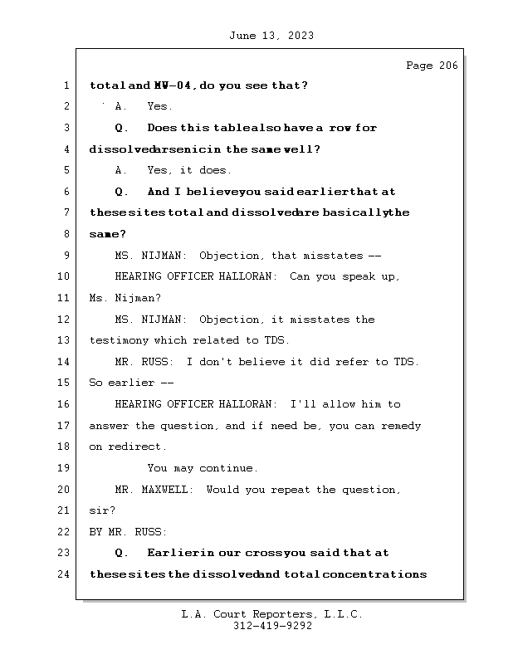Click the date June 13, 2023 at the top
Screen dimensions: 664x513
click(x=270, y=36)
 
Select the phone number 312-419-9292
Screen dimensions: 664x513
click(x=272, y=627)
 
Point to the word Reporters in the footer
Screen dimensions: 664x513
click(x=276, y=614)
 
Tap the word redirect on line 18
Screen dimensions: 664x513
click(x=135, y=447)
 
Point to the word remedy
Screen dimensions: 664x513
click(x=402, y=426)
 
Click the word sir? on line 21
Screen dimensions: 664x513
click(x=102, y=510)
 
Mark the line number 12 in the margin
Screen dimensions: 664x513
click(x=66, y=320)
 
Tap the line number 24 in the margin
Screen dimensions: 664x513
click(x=66, y=574)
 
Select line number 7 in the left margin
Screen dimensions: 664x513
click(x=66, y=212)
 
